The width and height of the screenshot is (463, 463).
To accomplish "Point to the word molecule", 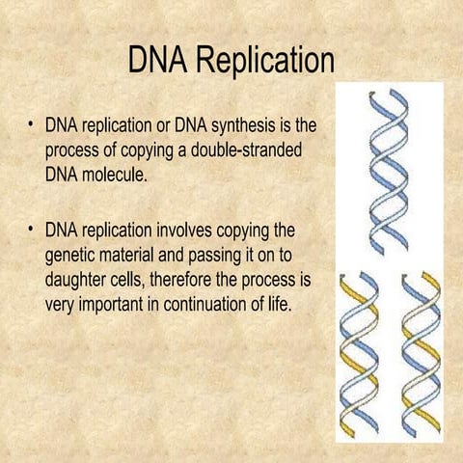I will point(116,177).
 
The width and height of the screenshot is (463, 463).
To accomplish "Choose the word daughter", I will point(81,283).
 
